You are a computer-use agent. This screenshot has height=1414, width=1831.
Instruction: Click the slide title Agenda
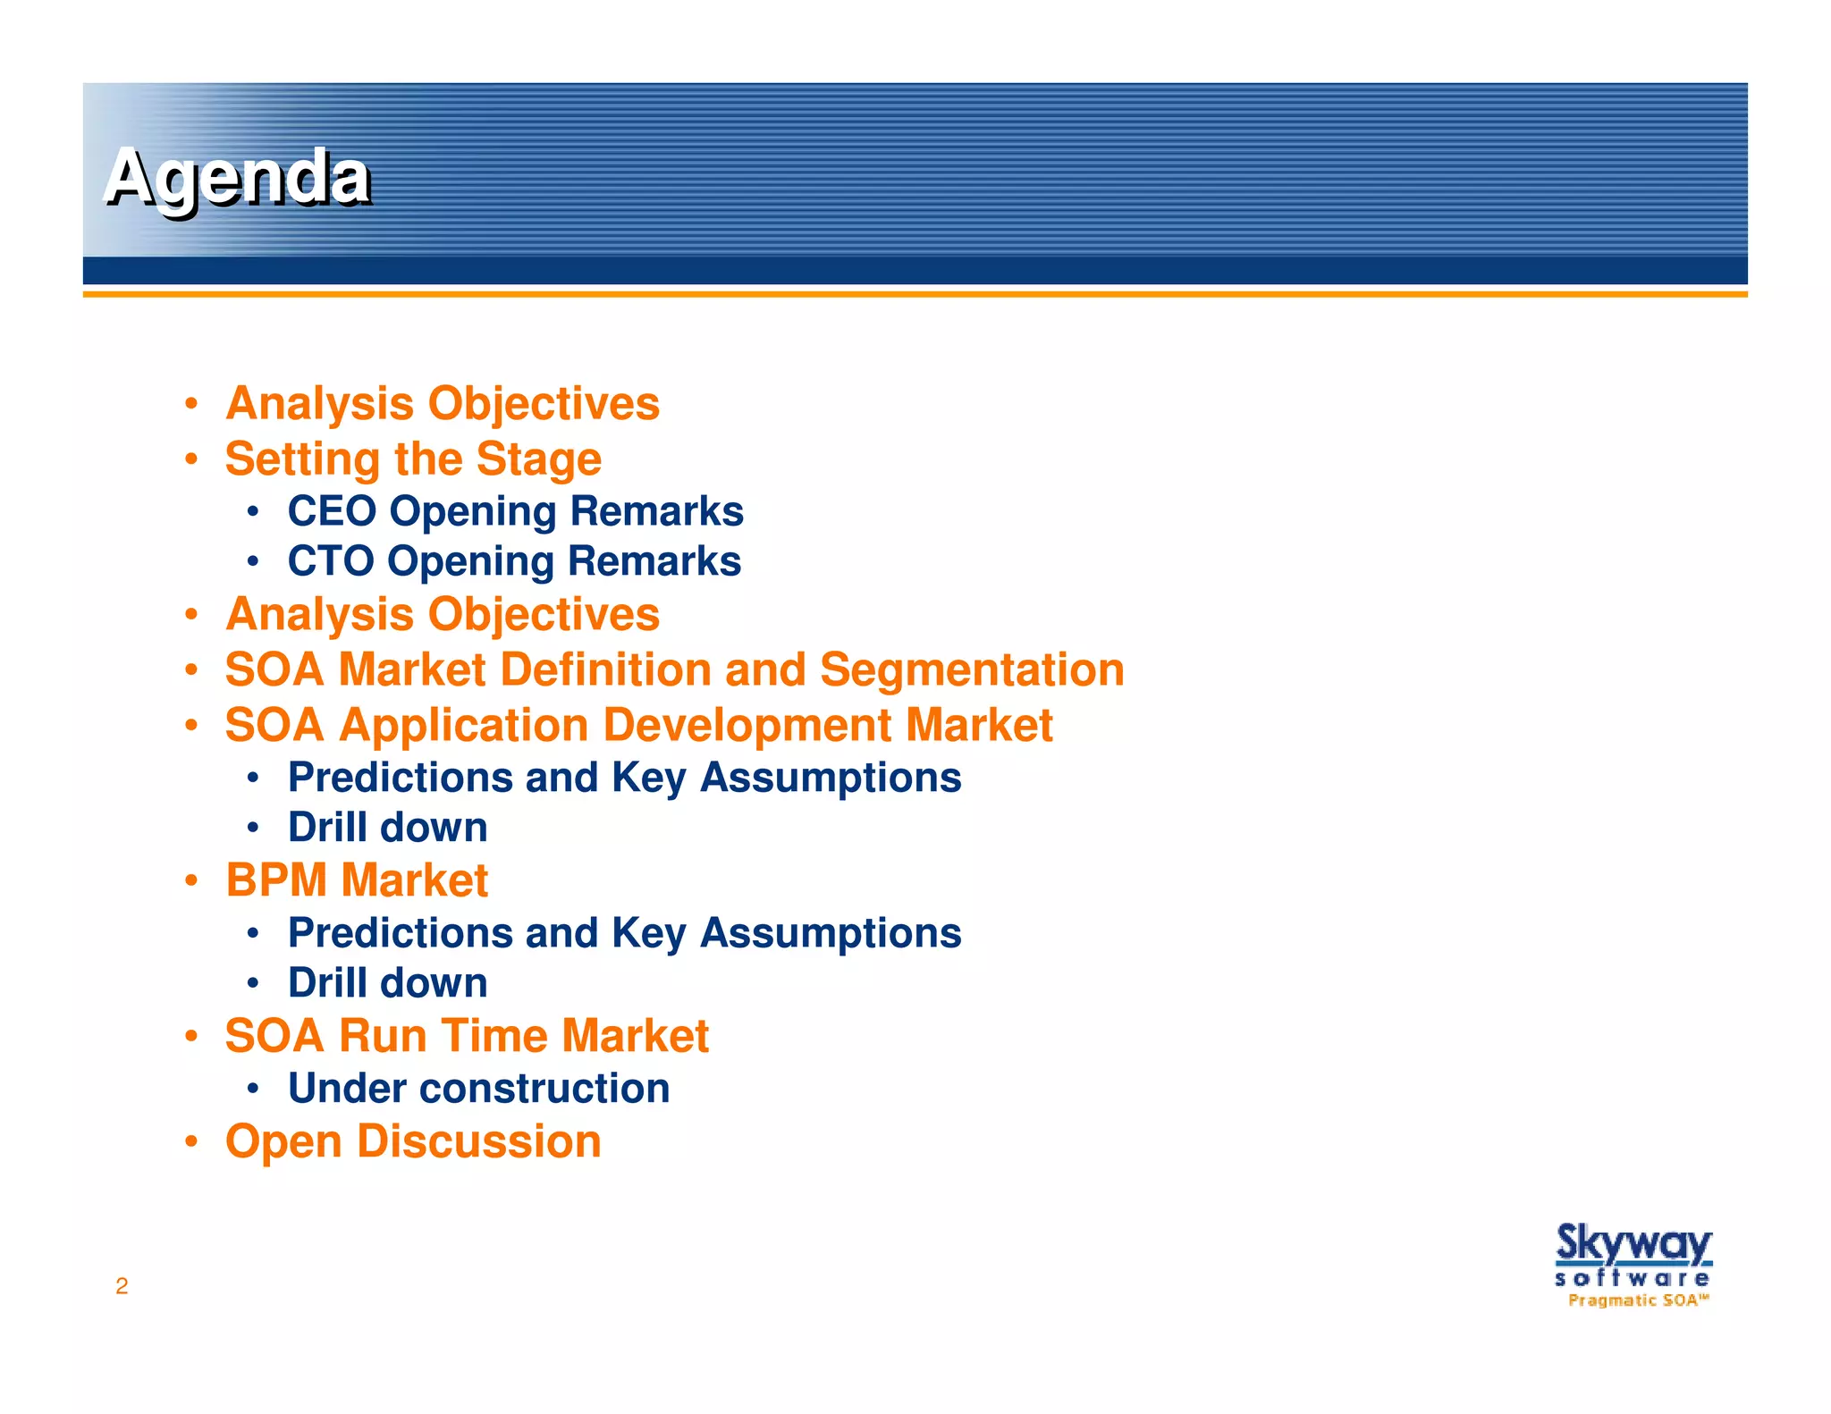click(x=237, y=178)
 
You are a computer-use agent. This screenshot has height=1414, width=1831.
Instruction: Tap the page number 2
click(x=122, y=1286)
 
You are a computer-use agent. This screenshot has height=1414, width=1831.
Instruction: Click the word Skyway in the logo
click(x=1633, y=1243)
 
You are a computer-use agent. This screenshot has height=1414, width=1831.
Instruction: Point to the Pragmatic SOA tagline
click(x=1638, y=1300)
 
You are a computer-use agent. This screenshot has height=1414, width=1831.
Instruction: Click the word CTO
click(x=330, y=561)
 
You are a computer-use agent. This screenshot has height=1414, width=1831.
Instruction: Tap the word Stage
click(x=538, y=459)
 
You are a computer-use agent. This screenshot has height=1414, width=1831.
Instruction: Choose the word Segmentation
click(x=972, y=670)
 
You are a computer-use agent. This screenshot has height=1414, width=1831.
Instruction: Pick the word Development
click(x=747, y=725)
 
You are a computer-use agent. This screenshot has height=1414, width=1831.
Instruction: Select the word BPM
click(x=276, y=880)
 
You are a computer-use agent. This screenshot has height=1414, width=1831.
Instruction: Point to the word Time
click(x=497, y=1036)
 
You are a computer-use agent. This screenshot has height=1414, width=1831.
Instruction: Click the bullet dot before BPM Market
click(x=191, y=880)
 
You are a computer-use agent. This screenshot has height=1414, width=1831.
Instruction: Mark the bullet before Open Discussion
click(x=191, y=1141)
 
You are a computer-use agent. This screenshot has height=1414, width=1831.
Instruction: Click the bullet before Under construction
click(x=254, y=1089)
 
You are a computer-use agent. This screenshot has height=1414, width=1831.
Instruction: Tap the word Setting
click(x=303, y=459)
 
